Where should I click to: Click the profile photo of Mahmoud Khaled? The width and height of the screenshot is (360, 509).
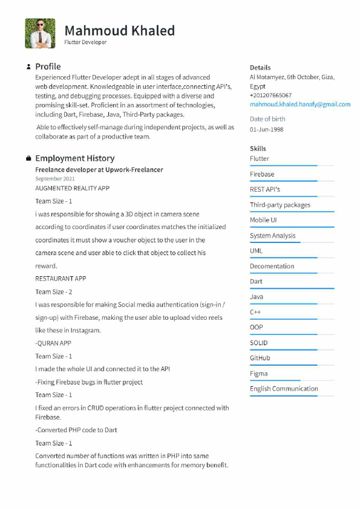tap(40, 33)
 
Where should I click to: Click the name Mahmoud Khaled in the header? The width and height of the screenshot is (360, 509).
tap(119, 30)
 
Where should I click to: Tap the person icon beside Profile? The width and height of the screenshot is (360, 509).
tap(28, 66)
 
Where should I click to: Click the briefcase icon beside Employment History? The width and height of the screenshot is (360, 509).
tap(28, 158)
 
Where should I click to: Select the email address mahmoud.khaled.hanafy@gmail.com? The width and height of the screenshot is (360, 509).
tap(300, 104)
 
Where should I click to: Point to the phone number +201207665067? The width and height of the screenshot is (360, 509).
tap(270, 95)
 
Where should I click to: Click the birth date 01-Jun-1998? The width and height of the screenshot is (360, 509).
tap(266, 129)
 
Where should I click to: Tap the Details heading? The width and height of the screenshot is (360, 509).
tap(260, 68)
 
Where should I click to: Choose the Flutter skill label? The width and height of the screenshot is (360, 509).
tap(260, 158)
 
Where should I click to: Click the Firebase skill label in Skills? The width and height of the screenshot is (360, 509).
tap(262, 174)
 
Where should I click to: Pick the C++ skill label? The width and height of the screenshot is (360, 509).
tap(255, 312)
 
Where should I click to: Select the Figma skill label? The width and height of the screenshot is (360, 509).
tap(258, 374)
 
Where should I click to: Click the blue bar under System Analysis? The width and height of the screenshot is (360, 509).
tap(275, 242)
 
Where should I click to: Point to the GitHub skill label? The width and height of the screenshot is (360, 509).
tap(260, 358)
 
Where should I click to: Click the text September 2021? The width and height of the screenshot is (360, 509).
tap(55, 179)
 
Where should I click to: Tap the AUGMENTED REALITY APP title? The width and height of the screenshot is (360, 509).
tap(73, 188)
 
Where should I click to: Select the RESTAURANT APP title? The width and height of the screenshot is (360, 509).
tap(61, 279)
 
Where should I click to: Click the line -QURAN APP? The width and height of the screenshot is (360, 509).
tap(53, 343)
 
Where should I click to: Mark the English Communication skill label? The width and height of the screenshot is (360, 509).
tap(284, 389)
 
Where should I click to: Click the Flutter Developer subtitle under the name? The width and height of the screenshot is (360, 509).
tap(85, 42)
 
